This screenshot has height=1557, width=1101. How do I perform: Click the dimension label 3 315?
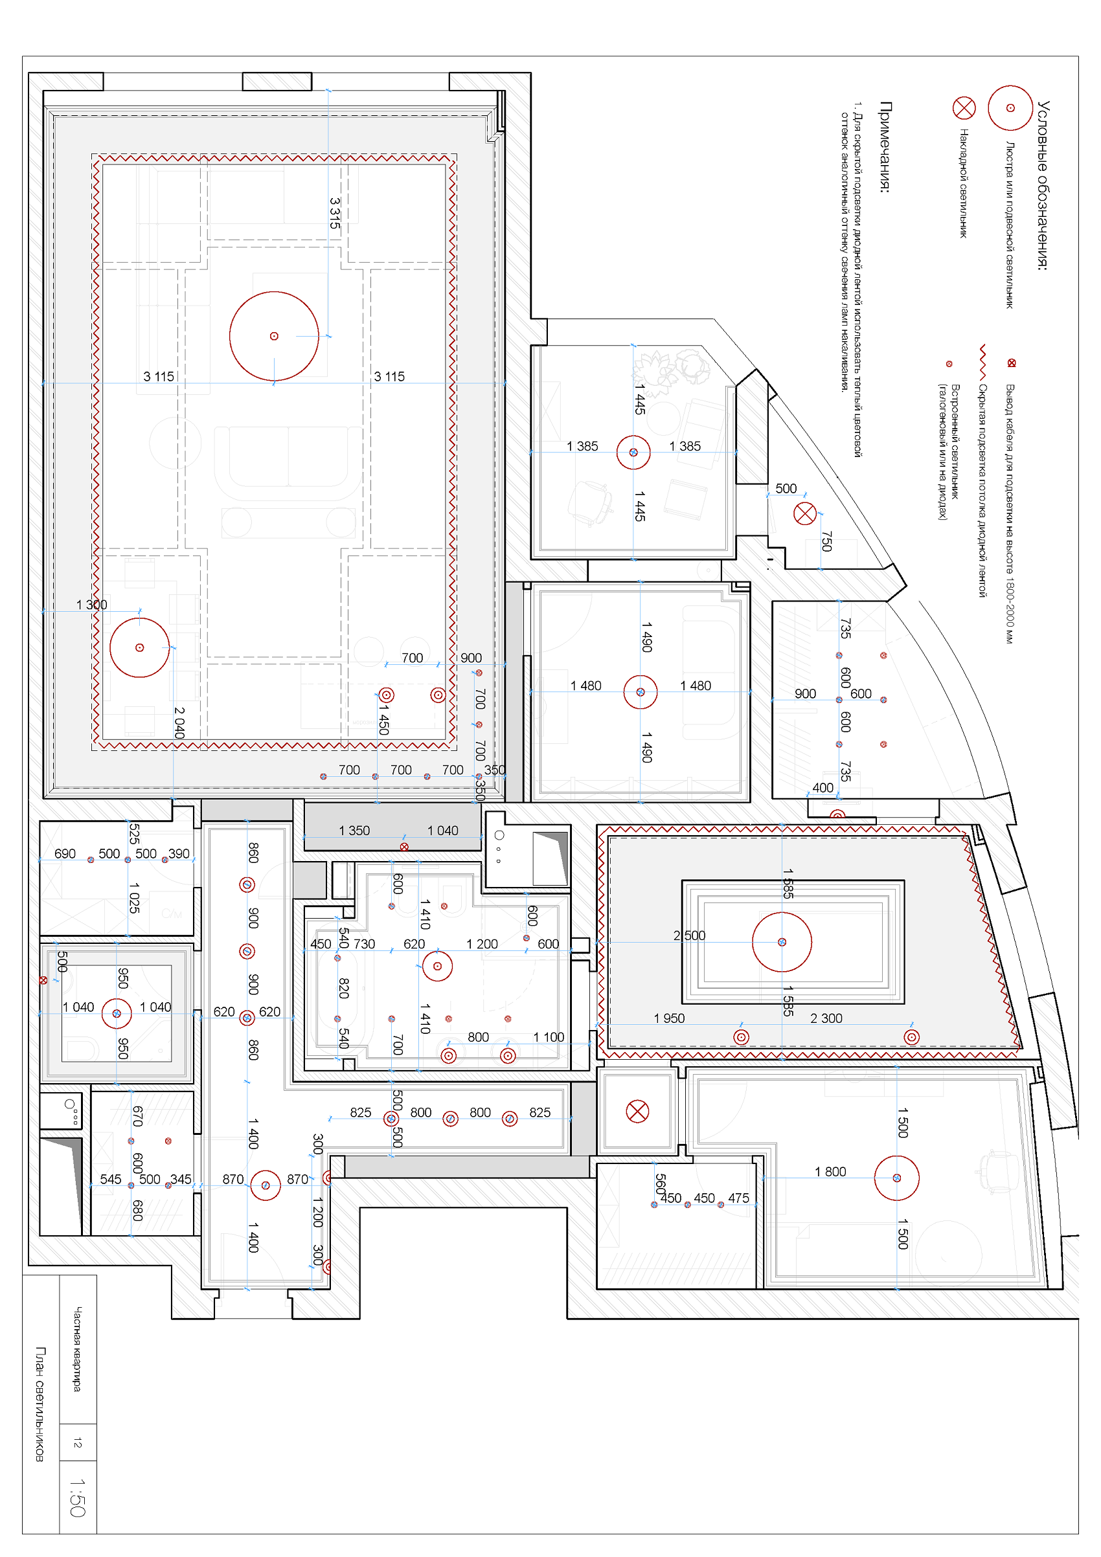(x=334, y=213)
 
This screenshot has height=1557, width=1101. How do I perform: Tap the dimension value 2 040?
(x=179, y=722)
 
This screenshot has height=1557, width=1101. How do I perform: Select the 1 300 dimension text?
(x=91, y=605)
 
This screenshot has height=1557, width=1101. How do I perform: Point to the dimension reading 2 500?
(x=689, y=936)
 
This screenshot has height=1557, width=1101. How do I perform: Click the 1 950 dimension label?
(x=670, y=1018)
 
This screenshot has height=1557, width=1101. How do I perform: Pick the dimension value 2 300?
(x=826, y=1018)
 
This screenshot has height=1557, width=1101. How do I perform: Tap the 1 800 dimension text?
(x=830, y=1172)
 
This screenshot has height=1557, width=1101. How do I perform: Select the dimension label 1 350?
(x=354, y=831)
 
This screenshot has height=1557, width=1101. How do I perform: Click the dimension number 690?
(x=65, y=854)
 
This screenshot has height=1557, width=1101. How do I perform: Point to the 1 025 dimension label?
(x=134, y=897)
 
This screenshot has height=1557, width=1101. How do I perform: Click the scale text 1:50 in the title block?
(x=77, y=1497)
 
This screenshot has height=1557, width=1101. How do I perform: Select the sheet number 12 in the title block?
(x=77, y=1442)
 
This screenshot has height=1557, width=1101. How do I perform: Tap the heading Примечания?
(x=885, y=147)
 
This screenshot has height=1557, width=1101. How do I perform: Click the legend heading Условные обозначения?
(x=1043, y=185)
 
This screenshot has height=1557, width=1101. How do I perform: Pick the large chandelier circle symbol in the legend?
(x=1010, y=108)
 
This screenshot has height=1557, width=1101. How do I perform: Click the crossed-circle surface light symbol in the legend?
(x=964, y=108)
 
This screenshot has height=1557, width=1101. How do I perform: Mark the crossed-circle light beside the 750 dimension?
(x=805, y=513)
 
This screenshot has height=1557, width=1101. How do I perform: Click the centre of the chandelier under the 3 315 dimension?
(x=274, y=337)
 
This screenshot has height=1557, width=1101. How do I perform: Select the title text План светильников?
(x=40, y=1404)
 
